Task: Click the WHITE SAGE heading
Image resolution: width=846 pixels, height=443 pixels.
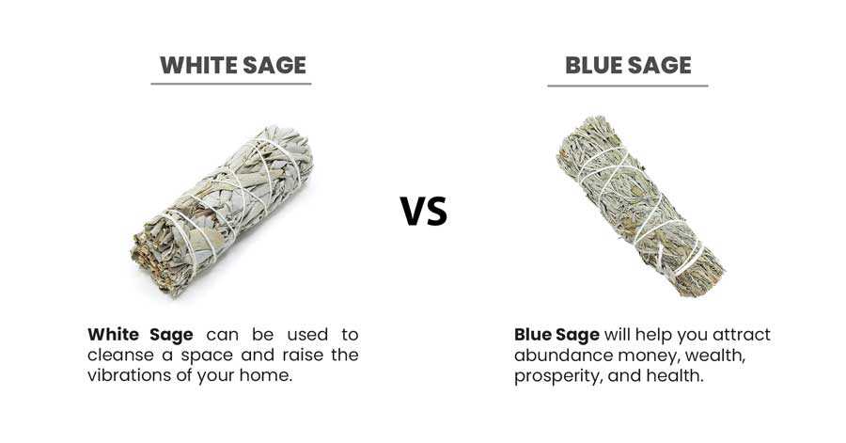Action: tap(231, 65)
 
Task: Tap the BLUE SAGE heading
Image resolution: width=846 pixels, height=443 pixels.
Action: tap(628, 65)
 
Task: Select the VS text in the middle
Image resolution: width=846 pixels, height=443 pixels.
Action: tap(424, 212)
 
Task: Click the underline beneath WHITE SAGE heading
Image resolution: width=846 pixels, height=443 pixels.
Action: tap(231, 85)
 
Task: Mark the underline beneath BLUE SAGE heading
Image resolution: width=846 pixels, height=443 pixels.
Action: tap(628, 87)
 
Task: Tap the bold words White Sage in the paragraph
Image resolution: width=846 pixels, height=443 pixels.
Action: tap(141, 335)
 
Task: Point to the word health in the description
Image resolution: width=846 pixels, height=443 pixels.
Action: tap(677, 375)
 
